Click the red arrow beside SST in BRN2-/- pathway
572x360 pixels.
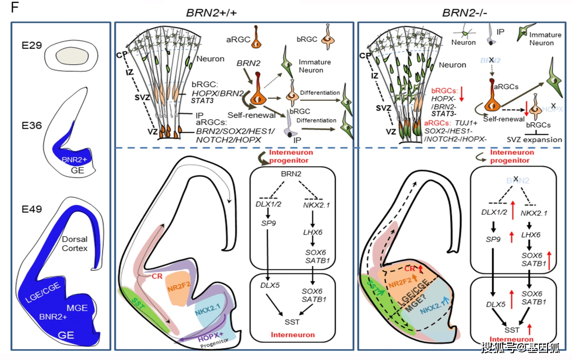[530, 328]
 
